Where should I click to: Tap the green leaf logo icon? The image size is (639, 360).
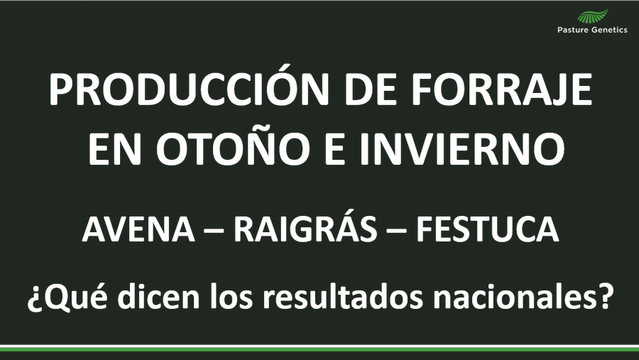pyautogui.click(x=593, y=16)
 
